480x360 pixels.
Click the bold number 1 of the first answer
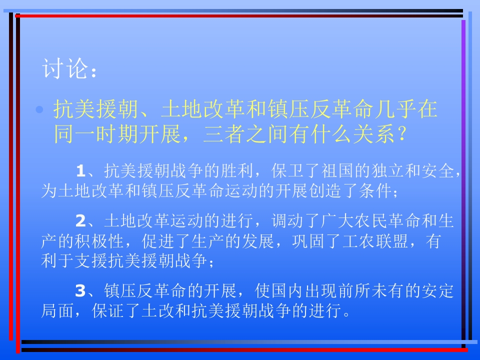[80, 172]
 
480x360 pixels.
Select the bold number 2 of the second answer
[80, 221]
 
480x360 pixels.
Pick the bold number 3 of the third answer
[80, 290]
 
